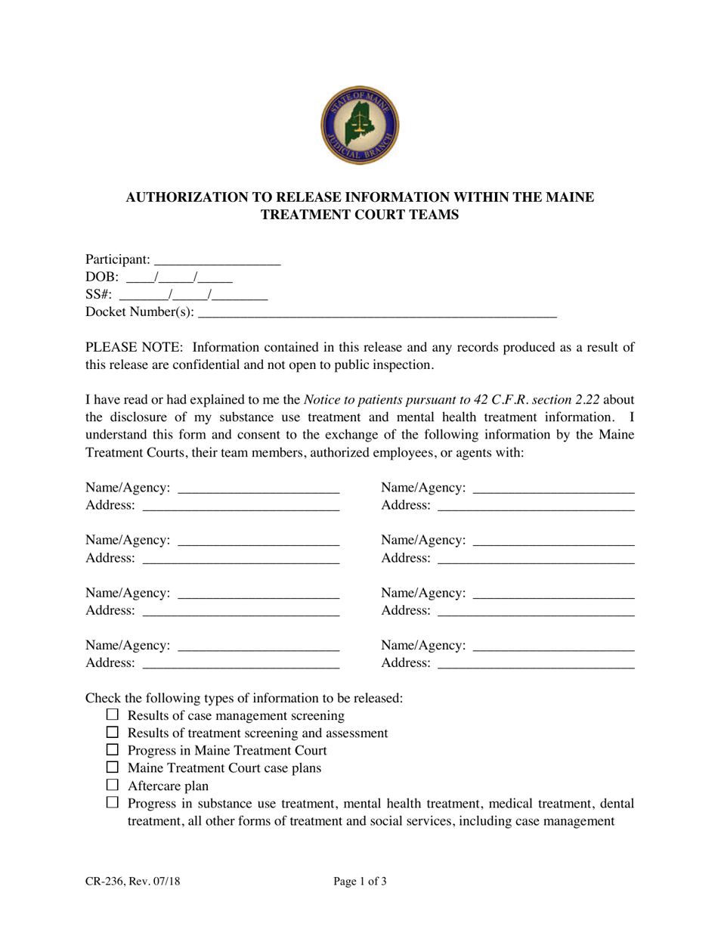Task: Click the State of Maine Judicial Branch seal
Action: (360, 126)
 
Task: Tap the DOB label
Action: (102, 277)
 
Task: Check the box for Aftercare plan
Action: (113, 785)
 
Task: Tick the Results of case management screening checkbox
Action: (113, 715)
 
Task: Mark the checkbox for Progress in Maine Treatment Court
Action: (113, 750)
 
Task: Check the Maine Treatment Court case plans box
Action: (113, 767)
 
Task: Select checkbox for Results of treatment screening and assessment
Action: (113, 733)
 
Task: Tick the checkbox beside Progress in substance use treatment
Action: (113, 803)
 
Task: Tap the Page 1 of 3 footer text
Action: (360, 881)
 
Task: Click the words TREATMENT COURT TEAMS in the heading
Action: (360, 215)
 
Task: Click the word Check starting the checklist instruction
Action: (104, 697)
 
